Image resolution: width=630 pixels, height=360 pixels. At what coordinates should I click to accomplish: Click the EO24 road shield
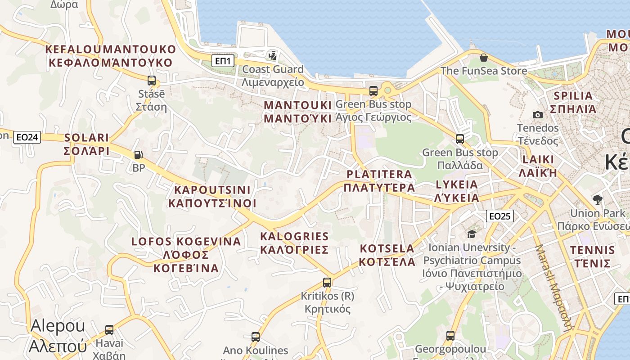[x=27, y=137]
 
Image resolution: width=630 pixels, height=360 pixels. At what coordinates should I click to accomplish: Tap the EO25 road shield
[x=499, y=216]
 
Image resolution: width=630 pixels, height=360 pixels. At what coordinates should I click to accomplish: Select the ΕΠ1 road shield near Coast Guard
[x=223, y=61]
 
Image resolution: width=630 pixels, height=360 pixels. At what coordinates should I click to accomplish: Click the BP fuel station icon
[x=139, y=155]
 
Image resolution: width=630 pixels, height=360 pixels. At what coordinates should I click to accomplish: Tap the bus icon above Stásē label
[x=152, y=81]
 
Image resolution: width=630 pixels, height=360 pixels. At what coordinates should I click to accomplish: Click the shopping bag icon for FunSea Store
[x=484, y=58]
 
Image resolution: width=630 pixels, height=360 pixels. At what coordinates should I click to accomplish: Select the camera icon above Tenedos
[x=537, y=115]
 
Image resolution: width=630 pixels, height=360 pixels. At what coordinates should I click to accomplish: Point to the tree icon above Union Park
[x=598, y=199]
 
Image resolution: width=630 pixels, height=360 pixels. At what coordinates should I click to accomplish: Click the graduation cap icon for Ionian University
[x=472, y=234]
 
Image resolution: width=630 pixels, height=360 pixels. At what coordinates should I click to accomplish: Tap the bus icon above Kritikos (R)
[x=327, y=283]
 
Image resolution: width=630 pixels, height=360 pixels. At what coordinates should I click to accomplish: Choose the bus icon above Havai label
[x=109, y=329]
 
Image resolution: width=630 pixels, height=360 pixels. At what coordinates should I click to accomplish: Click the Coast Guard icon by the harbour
[x=272, y=56]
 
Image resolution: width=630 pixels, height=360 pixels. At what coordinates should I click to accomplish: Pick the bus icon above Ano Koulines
[x=255, y=337]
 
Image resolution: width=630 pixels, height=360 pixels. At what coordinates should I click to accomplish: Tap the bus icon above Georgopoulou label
[x=450, y=335]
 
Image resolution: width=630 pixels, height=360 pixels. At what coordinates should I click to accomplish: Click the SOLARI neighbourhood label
[x=87, y=144]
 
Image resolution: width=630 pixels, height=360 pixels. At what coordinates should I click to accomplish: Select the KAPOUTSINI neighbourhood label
[x=212, y=197]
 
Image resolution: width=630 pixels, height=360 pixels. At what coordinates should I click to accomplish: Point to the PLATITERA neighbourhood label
[x=379, y=180]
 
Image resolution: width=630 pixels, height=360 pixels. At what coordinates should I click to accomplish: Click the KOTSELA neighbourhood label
[x=387, y=255]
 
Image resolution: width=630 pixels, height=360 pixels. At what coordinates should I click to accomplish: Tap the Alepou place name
[x=58, y=336]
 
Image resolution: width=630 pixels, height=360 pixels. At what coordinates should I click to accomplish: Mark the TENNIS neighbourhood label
[x=592, y=256]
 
